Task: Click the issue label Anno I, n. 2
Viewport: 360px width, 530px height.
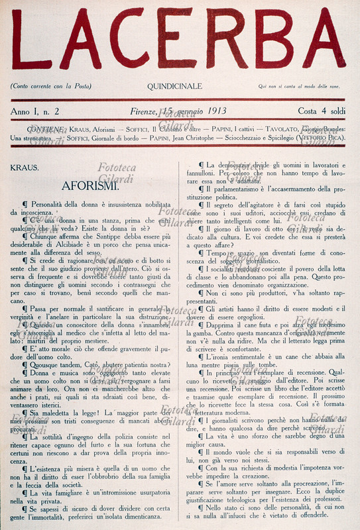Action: tap(35, 111)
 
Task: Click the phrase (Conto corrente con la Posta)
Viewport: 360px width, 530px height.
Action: tap(50, 87)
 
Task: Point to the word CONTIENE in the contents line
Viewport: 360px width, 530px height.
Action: tap(47, 129)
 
